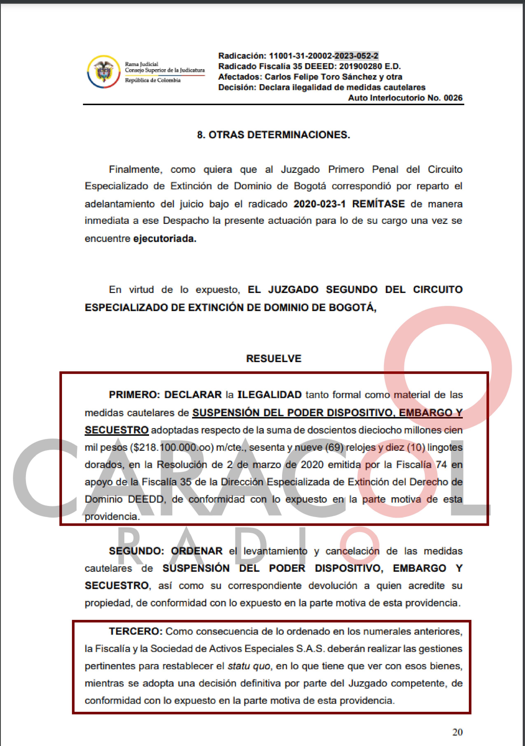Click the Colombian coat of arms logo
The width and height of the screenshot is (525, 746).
click(103, 71)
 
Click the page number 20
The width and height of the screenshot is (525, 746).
click(457, 732)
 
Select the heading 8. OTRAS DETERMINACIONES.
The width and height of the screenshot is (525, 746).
click(273, 135)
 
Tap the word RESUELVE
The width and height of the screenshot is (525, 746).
click(274, 358)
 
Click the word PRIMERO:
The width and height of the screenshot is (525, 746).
click(134, 395)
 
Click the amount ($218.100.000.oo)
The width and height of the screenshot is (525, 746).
click(172, 447)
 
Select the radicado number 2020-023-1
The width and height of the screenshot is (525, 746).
click(320, 204)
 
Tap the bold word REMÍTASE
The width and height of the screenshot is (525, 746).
click(378, 204)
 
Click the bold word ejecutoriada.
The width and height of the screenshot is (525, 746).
click(165, 239)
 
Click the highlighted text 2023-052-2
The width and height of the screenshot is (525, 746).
click(357, 56)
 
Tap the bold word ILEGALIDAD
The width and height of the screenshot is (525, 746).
click(269, 395)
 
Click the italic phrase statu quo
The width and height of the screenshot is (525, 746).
click(249, 666)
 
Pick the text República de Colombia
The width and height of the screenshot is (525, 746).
click(153, 80)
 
